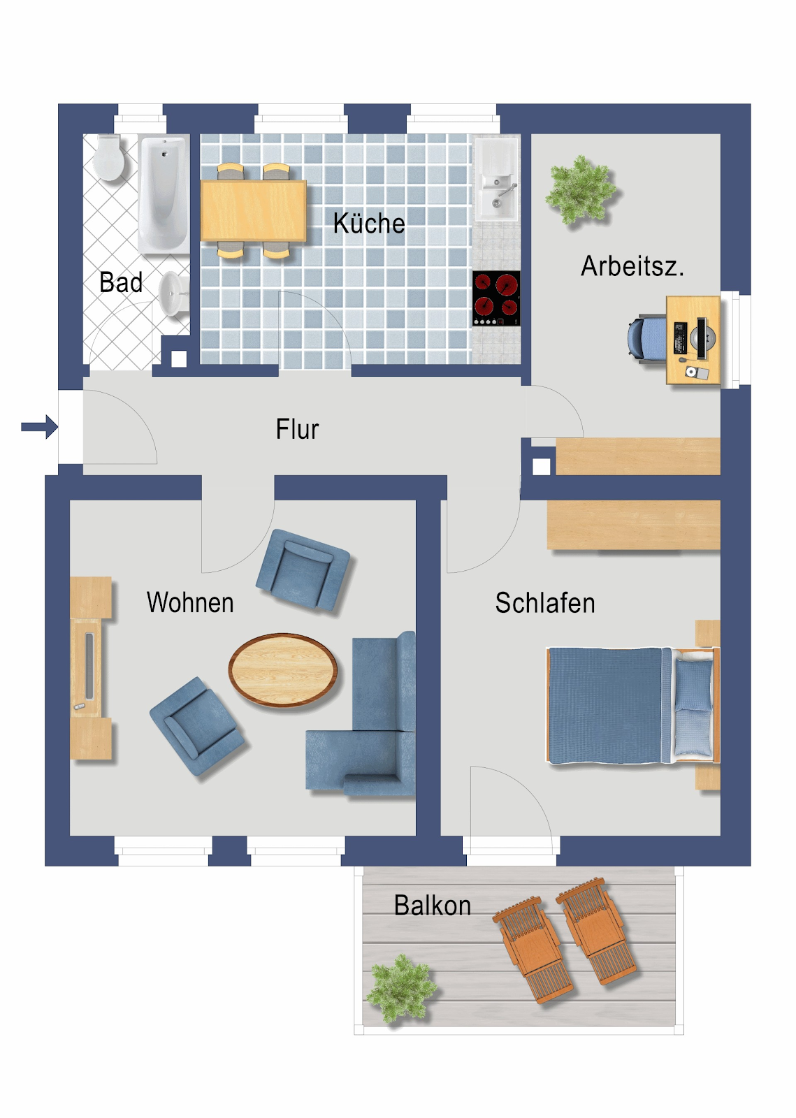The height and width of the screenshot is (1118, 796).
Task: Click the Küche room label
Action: pos(369,223)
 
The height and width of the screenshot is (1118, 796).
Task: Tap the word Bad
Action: pos(121,282)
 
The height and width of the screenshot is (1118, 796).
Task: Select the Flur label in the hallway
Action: pos(297,429)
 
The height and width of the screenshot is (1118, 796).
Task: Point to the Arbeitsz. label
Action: pos(632,266)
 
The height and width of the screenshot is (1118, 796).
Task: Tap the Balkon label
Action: pos(432,905)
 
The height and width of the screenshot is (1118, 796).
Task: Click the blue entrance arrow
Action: pos(39,427)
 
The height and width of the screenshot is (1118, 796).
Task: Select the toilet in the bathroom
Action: pos(109,157)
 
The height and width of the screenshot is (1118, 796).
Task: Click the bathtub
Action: pos(164,194)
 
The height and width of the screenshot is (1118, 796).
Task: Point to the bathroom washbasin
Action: pos(174,294)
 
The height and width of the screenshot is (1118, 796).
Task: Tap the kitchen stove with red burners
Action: pos(497,298)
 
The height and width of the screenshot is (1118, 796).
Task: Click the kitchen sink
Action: pos(497,179)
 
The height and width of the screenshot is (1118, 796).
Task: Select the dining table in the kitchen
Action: pos(254,210)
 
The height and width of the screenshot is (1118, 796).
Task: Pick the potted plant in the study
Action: pos(581,189)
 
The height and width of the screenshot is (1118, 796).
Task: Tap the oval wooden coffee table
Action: pos(282,670)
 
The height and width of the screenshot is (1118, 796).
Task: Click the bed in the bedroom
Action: pos(633,705)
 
